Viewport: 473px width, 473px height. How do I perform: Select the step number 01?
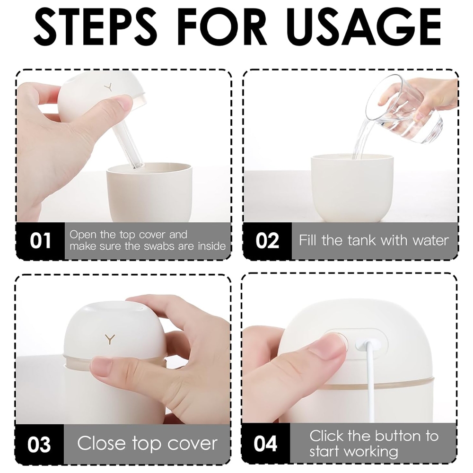40,241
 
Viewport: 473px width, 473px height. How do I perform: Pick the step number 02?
267,241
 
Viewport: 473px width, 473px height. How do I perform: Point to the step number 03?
39,444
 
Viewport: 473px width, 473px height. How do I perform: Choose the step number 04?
265,444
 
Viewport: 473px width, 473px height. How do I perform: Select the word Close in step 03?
101,444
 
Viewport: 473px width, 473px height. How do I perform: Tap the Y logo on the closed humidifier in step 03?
110,339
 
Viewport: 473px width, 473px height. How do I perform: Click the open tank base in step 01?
149,193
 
